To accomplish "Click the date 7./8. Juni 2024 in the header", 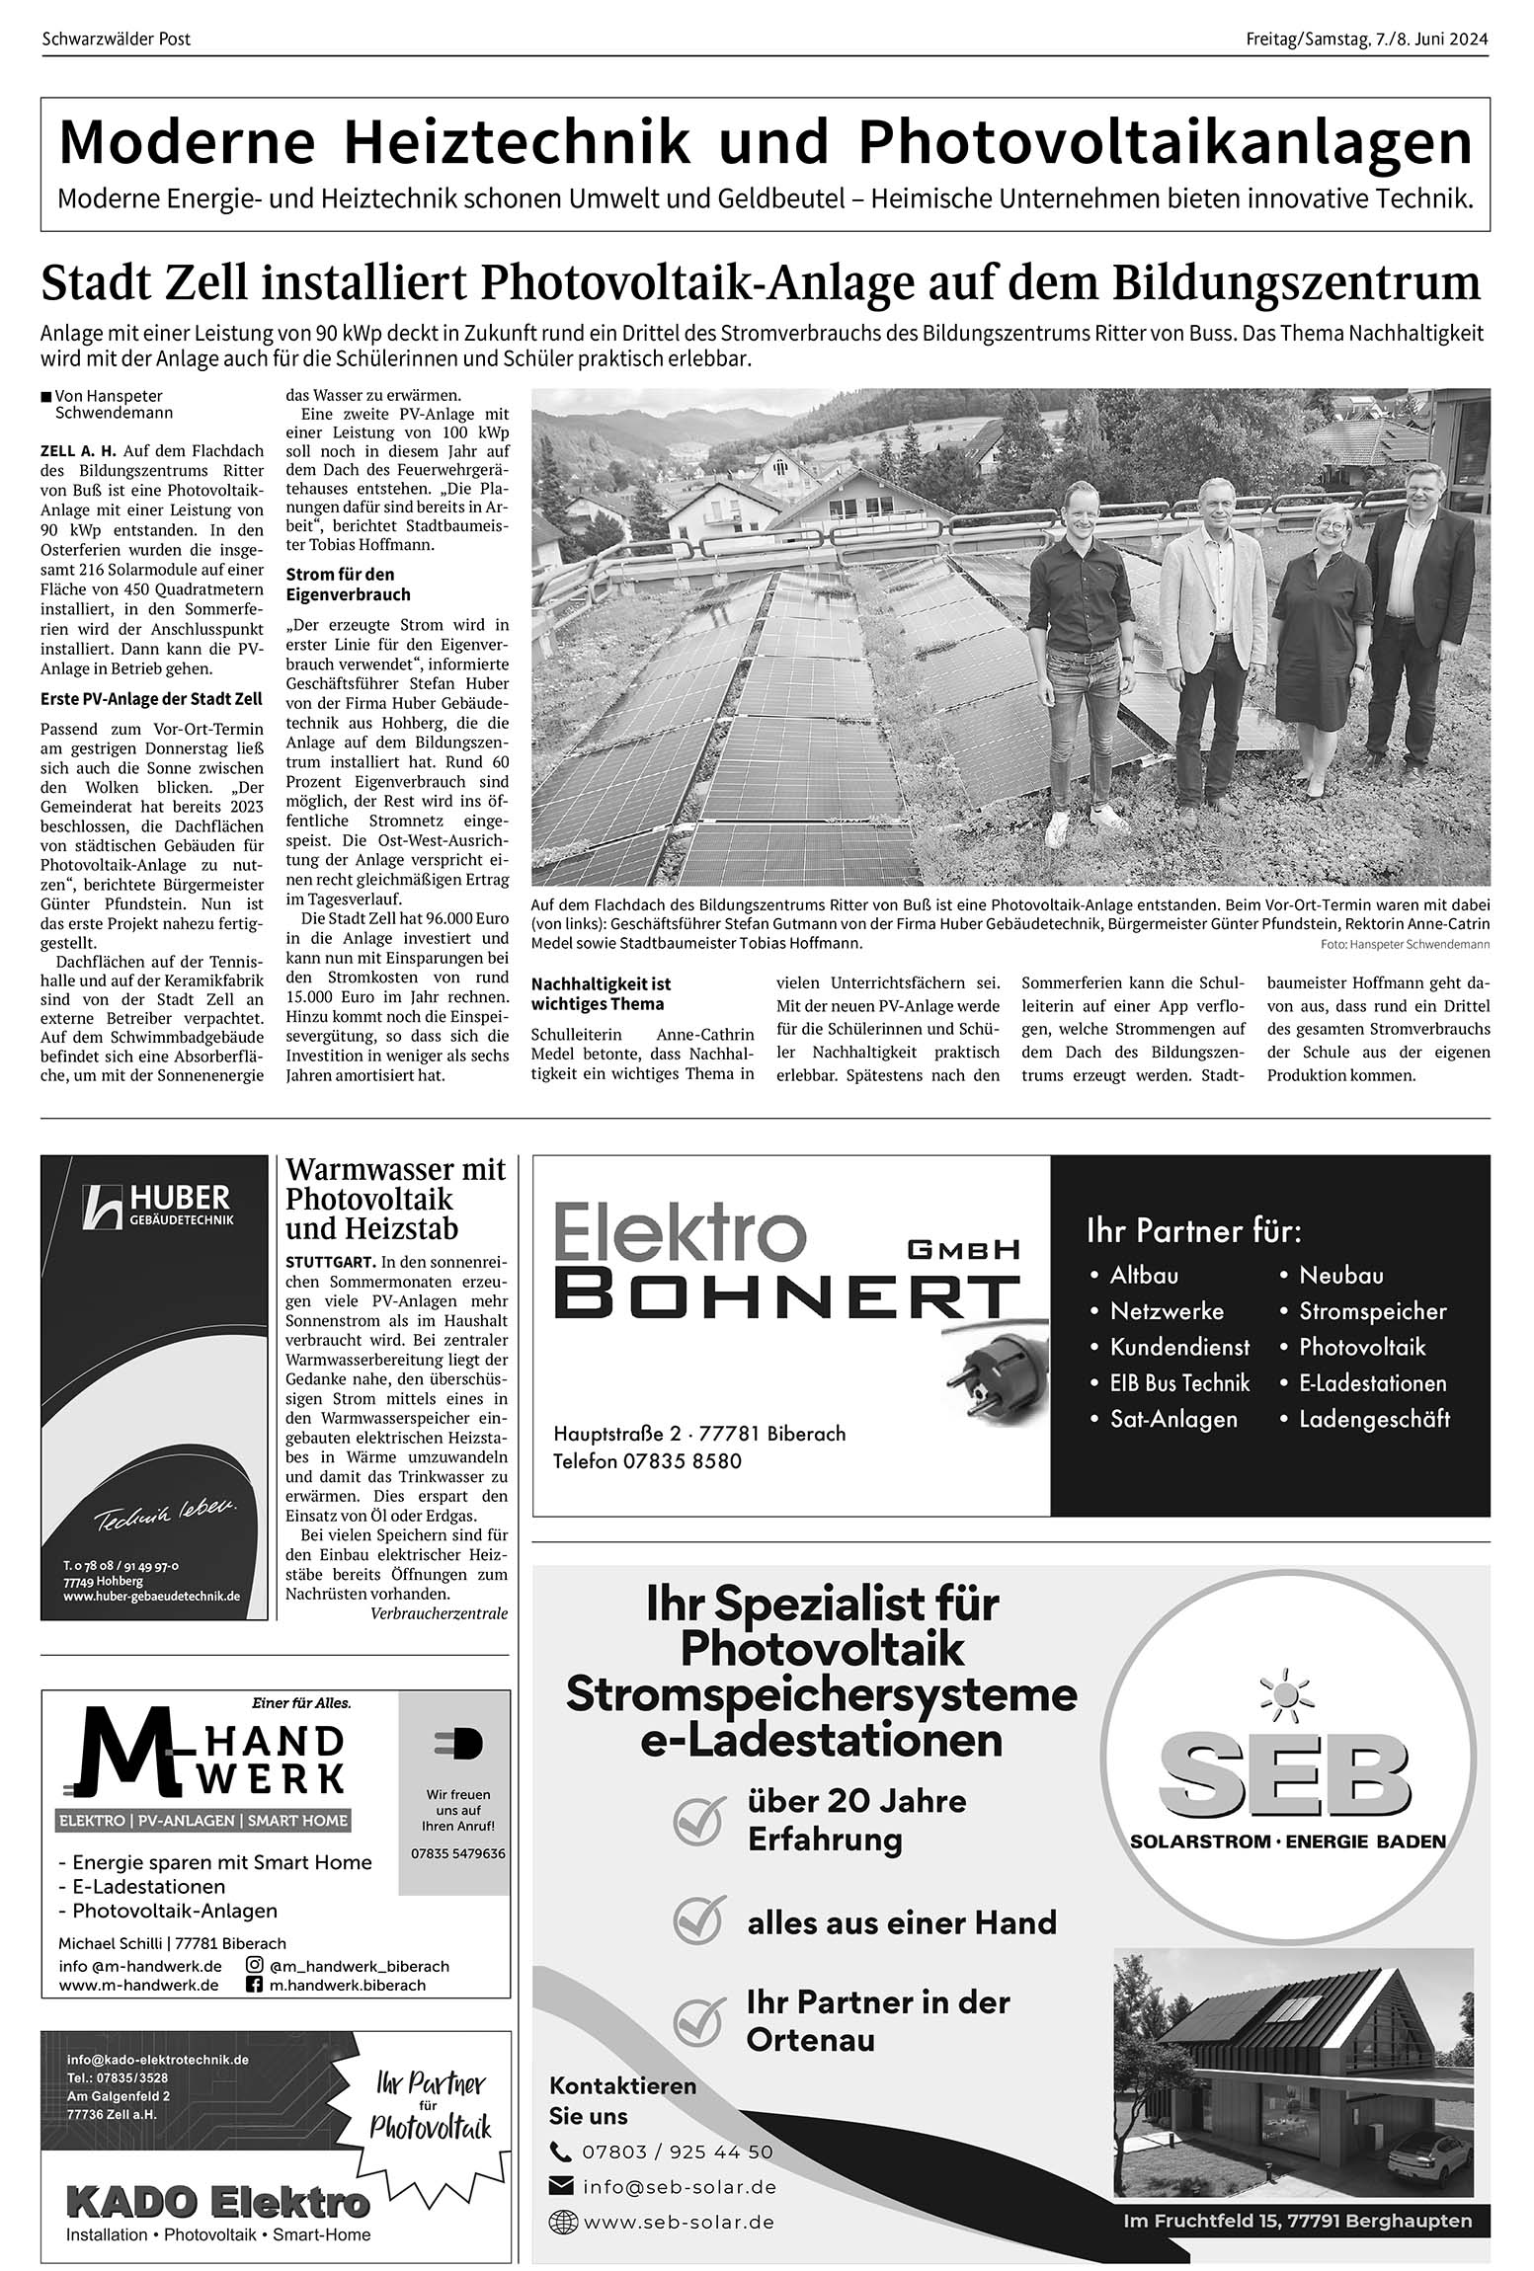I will coord(1431,39).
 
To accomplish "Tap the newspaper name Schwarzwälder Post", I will coord(117,39).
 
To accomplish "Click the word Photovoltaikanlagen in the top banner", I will coord(1166,142).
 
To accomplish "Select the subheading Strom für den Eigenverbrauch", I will coord(341,584).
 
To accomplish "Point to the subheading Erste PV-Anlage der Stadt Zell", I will coord(151,699).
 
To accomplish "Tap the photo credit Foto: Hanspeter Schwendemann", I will coord(1405,945).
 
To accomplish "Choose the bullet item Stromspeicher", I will coord(1372,1311).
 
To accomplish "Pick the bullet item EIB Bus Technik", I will coord(1179,1383).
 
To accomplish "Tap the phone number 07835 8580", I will coord(683,1461).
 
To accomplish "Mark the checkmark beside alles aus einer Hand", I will coord(699,1920).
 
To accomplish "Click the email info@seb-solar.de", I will coord(679,2187).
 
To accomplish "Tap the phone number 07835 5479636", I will coord(457,1853).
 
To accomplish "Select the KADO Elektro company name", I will coord(217,2202).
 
